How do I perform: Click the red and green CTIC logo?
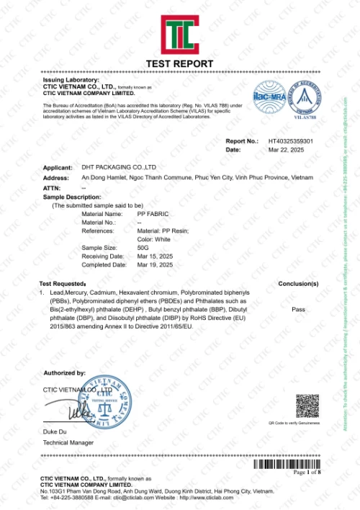[179, 34]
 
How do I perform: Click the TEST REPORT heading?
[179, 64]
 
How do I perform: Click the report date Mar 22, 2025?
[283, 150]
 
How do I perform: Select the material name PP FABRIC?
[153, 214]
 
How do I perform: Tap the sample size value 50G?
[143, 247]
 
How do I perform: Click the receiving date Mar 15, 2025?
[155, 256]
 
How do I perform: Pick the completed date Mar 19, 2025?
[155, 264]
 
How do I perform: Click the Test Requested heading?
[63, 284]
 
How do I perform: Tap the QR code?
[307, 406]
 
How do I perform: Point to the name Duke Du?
[55, 430]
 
